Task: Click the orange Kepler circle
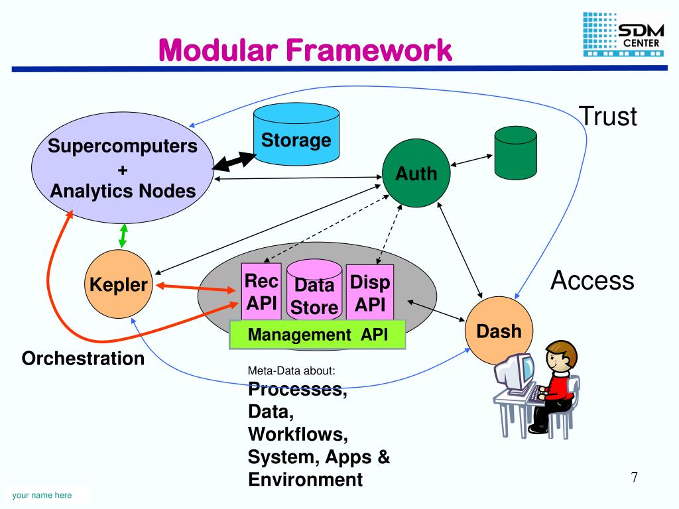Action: point(119,285)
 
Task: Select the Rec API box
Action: point(261,292)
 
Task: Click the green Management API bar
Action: point(317,335)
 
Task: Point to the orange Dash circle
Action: point(499,330)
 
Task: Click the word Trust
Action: point(607,116)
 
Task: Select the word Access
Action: point(592,280)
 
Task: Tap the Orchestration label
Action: point(83,359)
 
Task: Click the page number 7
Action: point(635,477)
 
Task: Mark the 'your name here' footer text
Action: point(42,495)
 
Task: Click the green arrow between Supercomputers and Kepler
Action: point(123,236)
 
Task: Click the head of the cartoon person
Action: point(561,357)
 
